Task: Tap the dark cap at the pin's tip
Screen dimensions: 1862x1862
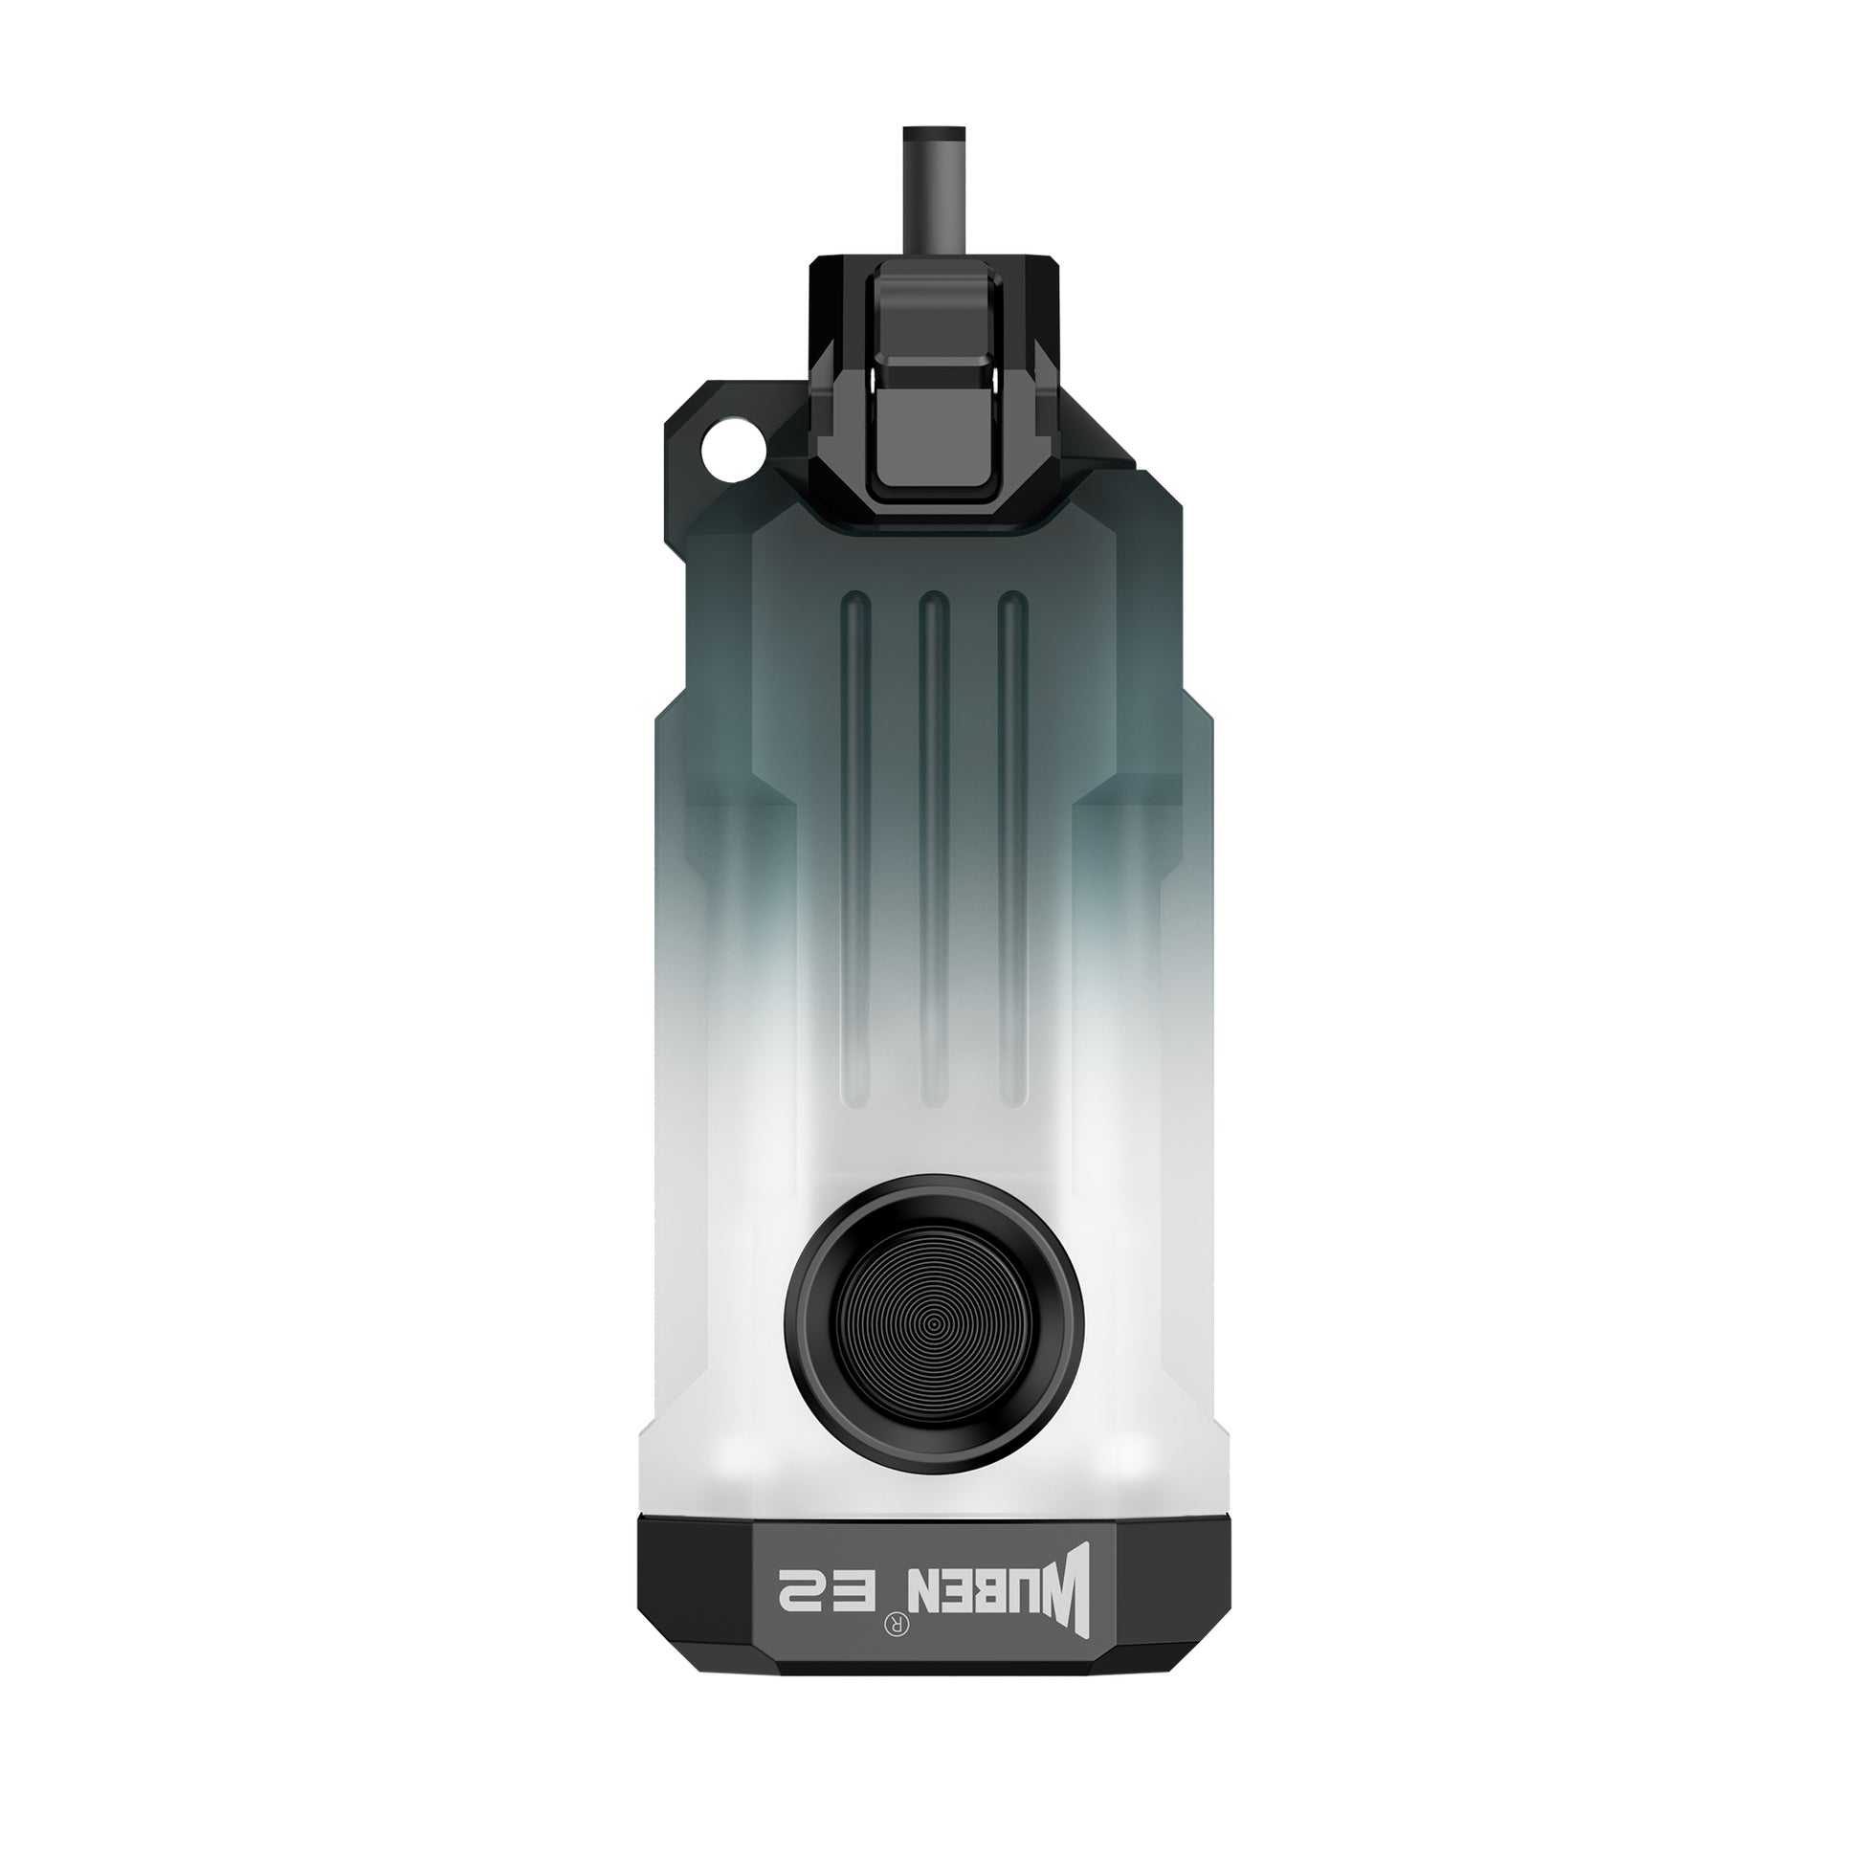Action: click(x=933, y=134)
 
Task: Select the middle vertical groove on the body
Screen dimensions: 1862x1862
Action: click(x=934, y=847)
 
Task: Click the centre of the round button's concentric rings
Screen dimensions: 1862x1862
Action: click(x=934, y=1326)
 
